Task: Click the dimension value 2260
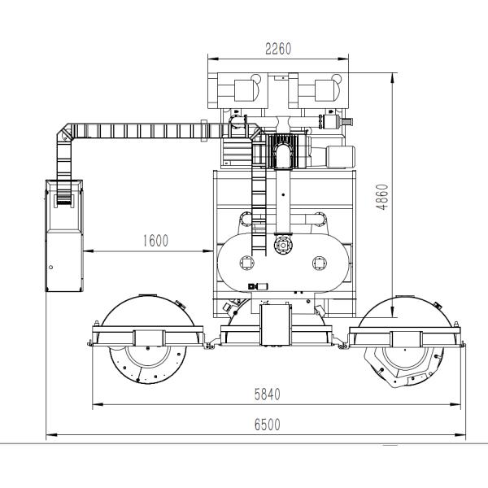tap(278, 49)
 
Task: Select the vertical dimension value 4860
tap(382, 198)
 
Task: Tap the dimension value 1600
tap(155, 241)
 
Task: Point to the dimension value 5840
tap(268, 394)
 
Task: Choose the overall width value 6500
tap(268, 425)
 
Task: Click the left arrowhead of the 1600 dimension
tap(89, 251)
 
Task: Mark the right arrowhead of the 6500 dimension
tap(460, 435)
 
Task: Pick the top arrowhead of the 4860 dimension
tap(393, 78)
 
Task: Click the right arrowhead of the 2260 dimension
tap(343, 59)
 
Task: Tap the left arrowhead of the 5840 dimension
tap(98, 404)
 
